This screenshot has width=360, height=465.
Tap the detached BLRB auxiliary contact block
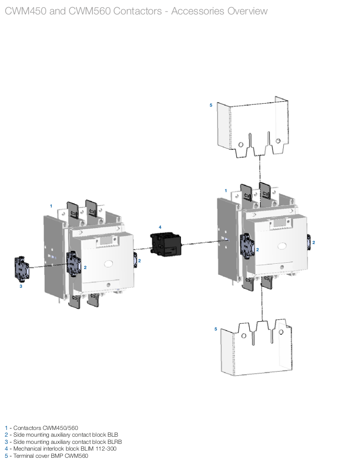click(22, 268)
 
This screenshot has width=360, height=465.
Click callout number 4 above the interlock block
click(160, 227)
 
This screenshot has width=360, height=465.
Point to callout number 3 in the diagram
click(21, 286)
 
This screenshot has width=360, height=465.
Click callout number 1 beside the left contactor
click(51, 206)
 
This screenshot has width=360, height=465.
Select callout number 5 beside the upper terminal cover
click(211, 105)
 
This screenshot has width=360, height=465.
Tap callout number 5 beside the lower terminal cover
click(216, 329)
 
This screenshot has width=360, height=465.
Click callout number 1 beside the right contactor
click(226, 191)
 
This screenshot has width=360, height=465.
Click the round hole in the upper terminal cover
click(278, 141)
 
